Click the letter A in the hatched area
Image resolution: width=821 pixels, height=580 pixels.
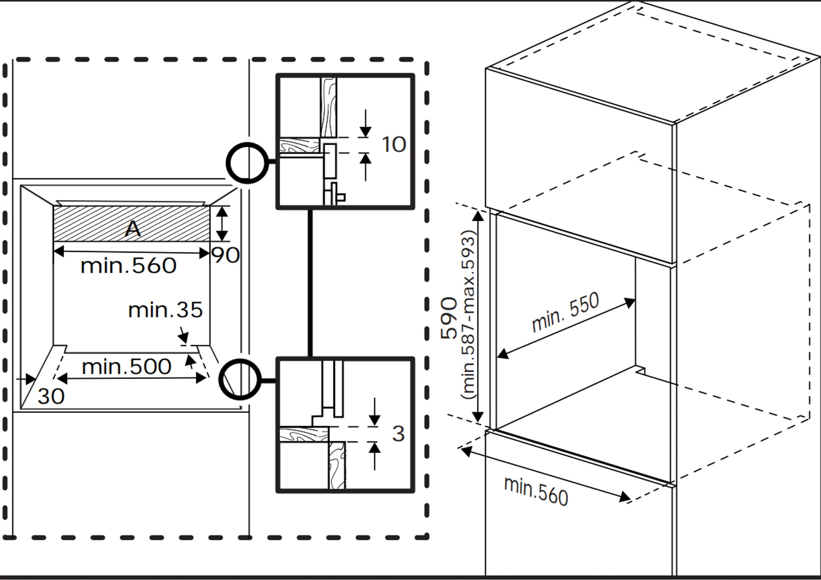133,229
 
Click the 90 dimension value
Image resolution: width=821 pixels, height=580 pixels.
225,255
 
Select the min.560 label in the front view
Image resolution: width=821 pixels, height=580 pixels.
128,266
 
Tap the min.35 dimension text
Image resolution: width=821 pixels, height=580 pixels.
165,310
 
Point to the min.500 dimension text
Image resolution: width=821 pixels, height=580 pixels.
127,367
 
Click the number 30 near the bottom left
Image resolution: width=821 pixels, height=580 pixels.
51,397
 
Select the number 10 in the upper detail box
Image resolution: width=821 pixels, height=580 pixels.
394,145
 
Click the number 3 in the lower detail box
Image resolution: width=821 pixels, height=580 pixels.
398,434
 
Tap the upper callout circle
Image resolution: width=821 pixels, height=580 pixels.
247,163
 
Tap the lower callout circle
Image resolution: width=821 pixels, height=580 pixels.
240,379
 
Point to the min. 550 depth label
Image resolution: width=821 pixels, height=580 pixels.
565,312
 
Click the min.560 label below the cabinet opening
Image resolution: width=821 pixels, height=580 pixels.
536,491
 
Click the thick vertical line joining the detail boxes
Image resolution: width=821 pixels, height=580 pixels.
310,283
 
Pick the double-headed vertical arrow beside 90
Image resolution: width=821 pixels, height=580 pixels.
222,224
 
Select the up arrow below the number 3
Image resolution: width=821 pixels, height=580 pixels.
375,456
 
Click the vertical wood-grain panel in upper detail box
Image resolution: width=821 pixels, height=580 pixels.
328,107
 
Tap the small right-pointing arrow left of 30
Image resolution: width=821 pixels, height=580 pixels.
27,379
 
